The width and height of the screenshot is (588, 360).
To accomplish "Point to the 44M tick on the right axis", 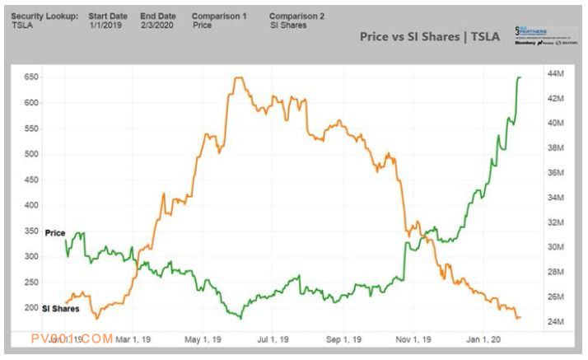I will (x=556, y=74).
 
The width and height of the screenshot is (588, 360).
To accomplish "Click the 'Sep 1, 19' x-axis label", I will (x=343, y=338).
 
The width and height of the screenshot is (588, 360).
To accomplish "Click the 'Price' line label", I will (x=54, y=233).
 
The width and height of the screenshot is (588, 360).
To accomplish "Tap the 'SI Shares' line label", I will (x=60, y=308).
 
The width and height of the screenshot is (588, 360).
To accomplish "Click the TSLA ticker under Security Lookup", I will (x=23, y=25).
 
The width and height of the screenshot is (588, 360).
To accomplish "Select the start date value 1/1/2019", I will (x=104, y=25).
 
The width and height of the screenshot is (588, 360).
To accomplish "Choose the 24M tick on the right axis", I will (x=555, y=321).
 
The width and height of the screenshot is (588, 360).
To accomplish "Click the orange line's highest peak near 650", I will (x=239, y=78).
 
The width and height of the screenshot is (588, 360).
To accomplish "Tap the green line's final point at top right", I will (x=520, y=77).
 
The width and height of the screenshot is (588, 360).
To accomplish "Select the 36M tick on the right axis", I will (x=555, y=173).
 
